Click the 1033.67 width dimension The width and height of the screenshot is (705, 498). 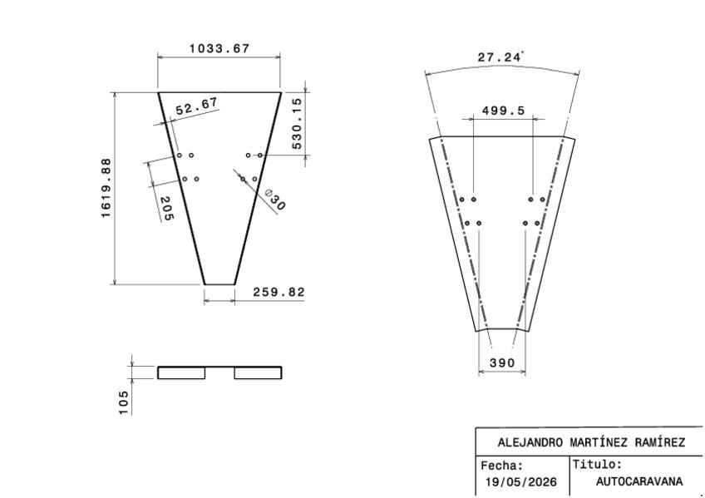pos(219,48)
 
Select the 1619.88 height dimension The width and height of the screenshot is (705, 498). pos(106,189)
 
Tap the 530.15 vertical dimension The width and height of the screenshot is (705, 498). pos(297,124)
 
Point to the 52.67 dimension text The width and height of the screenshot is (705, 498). pos(197,106)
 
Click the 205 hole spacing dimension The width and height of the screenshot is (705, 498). pos(166,209)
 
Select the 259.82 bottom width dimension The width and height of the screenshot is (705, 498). pos(279,292)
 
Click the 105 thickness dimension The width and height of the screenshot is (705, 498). pos(124,402)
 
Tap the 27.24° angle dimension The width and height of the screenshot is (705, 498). pos(500,57)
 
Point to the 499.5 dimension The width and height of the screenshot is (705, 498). pos(503,111)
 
